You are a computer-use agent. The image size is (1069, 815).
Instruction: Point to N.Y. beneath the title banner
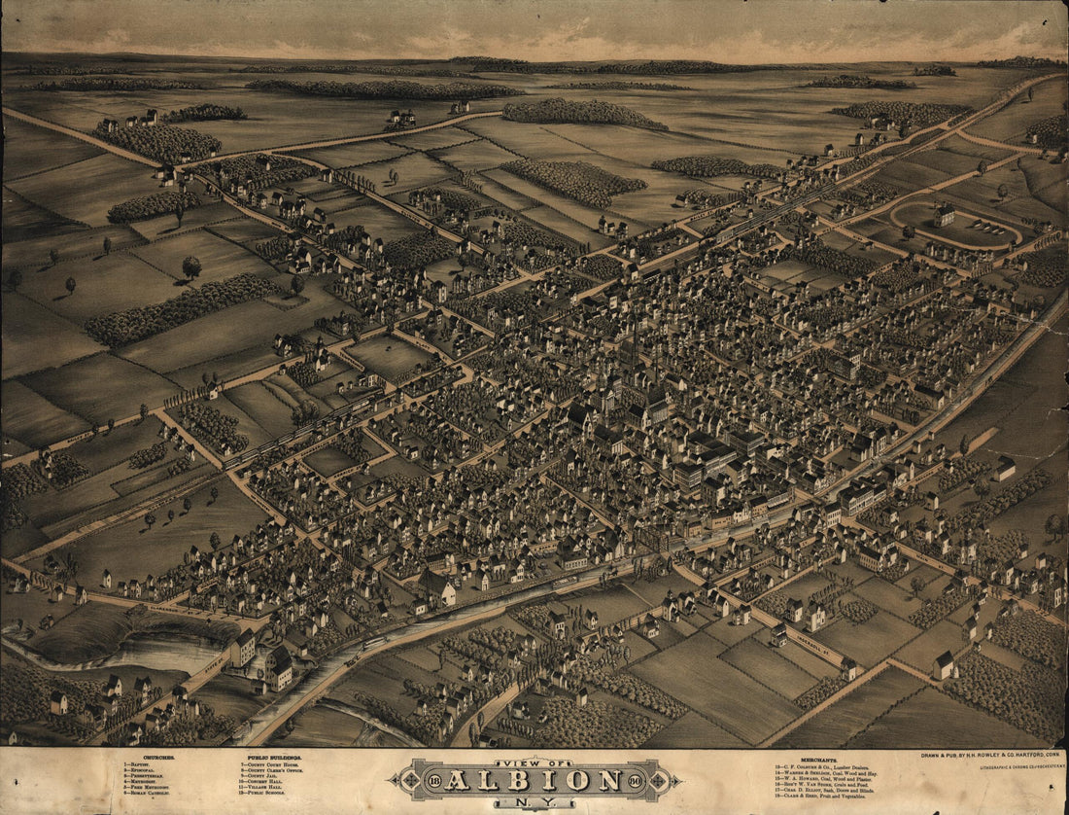coord(532,803)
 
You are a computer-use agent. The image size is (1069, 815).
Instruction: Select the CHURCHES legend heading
coord(144,757)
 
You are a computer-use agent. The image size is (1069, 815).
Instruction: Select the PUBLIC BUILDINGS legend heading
coord(273,757)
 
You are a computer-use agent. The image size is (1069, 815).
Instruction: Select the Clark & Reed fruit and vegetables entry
coord(822,797)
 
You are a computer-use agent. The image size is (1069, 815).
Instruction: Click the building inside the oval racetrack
coord(944,215)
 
